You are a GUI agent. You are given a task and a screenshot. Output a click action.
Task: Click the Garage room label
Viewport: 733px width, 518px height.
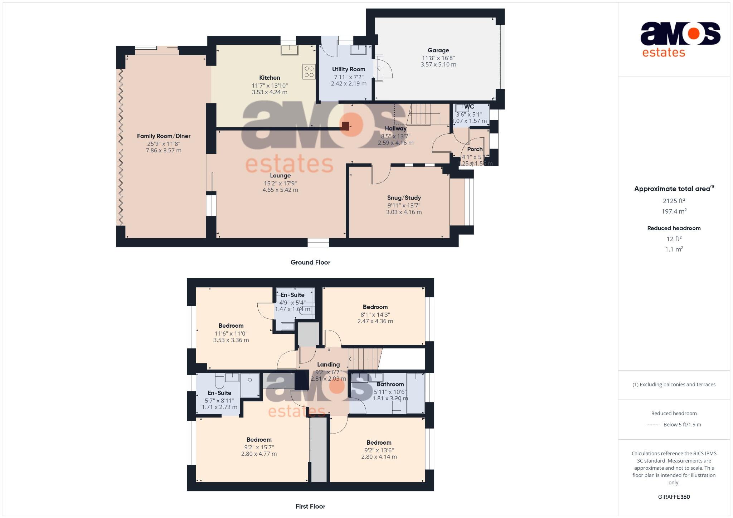pyautogui.click(x=438, y=50)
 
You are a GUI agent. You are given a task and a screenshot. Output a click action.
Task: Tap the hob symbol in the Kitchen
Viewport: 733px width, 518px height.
pyautogui.click(x=309, y=71)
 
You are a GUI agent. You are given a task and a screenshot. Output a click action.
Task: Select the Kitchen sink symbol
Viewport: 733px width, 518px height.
pyautogui.click(x=289, y=50)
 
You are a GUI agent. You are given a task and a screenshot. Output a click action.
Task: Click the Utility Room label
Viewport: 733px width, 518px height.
pyautogui.click(x=348, y=69)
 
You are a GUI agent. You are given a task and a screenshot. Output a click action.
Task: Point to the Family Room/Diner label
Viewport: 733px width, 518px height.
pyautogui.click(x=164, y=136)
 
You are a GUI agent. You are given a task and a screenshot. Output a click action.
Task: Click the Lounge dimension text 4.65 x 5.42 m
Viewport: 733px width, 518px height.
pyautogui.click(x=280, y=190)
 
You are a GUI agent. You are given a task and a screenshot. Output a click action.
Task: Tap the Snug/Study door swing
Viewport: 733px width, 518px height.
pyautogui.click(x=380, y=175)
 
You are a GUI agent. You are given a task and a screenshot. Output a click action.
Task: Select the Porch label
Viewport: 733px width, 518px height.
pyautogui.click(x=475, y=149)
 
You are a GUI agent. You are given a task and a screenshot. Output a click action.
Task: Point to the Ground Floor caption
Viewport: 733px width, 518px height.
pyautogui.click(x=310, y=262)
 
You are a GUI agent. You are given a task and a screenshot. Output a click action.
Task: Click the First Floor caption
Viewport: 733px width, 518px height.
pyautogui.click(x=310, y=506)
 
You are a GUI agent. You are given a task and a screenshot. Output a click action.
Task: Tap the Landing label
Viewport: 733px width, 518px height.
pyautogui.click(x=328, y=365)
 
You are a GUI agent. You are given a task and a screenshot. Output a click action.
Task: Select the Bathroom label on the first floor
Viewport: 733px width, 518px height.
pyautogui.click(x=390, y=384)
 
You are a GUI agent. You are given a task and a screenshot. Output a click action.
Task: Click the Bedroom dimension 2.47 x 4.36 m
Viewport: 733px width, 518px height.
pyautogui.click(x=375, y=321)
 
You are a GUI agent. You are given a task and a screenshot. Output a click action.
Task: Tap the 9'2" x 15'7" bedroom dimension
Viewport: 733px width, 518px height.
pyautogui.click(x=259, y=447)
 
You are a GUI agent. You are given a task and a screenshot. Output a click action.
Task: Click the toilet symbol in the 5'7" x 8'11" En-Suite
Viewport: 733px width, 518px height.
pyautogui.click(x=219, y=379)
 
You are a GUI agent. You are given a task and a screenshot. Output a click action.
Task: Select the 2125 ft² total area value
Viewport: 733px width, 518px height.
pyautogui.click(x=674, y=201)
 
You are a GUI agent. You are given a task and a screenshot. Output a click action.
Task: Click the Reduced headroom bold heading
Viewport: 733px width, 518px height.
pyautogui.click(x=674, y=228)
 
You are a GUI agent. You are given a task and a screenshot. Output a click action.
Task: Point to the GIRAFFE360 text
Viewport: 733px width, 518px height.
pyautogui.click(x=674, y=497)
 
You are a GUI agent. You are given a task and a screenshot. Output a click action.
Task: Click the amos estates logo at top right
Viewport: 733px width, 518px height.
pyautogui.click(x=680, y=39)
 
